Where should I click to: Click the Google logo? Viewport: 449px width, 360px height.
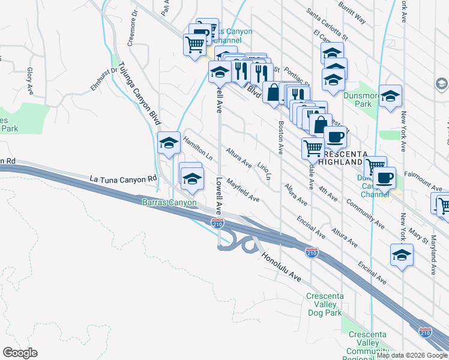[20, 353]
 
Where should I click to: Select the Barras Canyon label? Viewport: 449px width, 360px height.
[169, 203]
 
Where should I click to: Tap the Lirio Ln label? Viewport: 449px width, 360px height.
[264, 170]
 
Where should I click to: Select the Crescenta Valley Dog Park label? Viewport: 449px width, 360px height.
[325, 304]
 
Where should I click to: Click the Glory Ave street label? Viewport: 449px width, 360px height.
[29, 81]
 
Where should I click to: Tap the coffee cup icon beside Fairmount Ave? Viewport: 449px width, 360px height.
[384, 178]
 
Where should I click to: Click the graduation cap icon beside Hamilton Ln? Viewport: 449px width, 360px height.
[169, 143]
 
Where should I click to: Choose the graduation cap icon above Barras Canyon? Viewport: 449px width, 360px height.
[192, 179]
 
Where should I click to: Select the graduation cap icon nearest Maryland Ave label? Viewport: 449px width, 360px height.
[402, 254]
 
